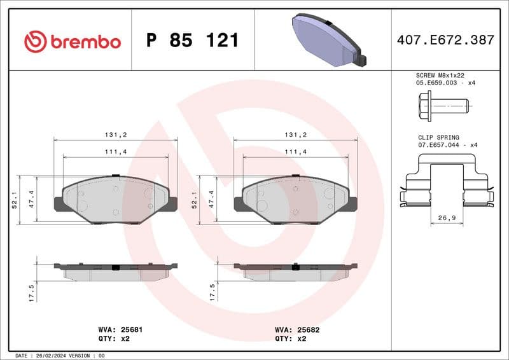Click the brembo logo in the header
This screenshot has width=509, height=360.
72,41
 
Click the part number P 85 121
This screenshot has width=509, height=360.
192,41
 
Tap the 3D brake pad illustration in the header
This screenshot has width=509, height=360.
326,40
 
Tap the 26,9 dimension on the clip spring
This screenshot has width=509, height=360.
446,218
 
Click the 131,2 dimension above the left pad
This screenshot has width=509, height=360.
116,135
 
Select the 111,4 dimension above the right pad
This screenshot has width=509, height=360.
296,151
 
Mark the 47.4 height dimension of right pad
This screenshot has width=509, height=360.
211,200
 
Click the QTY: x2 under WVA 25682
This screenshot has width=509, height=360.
291,339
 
